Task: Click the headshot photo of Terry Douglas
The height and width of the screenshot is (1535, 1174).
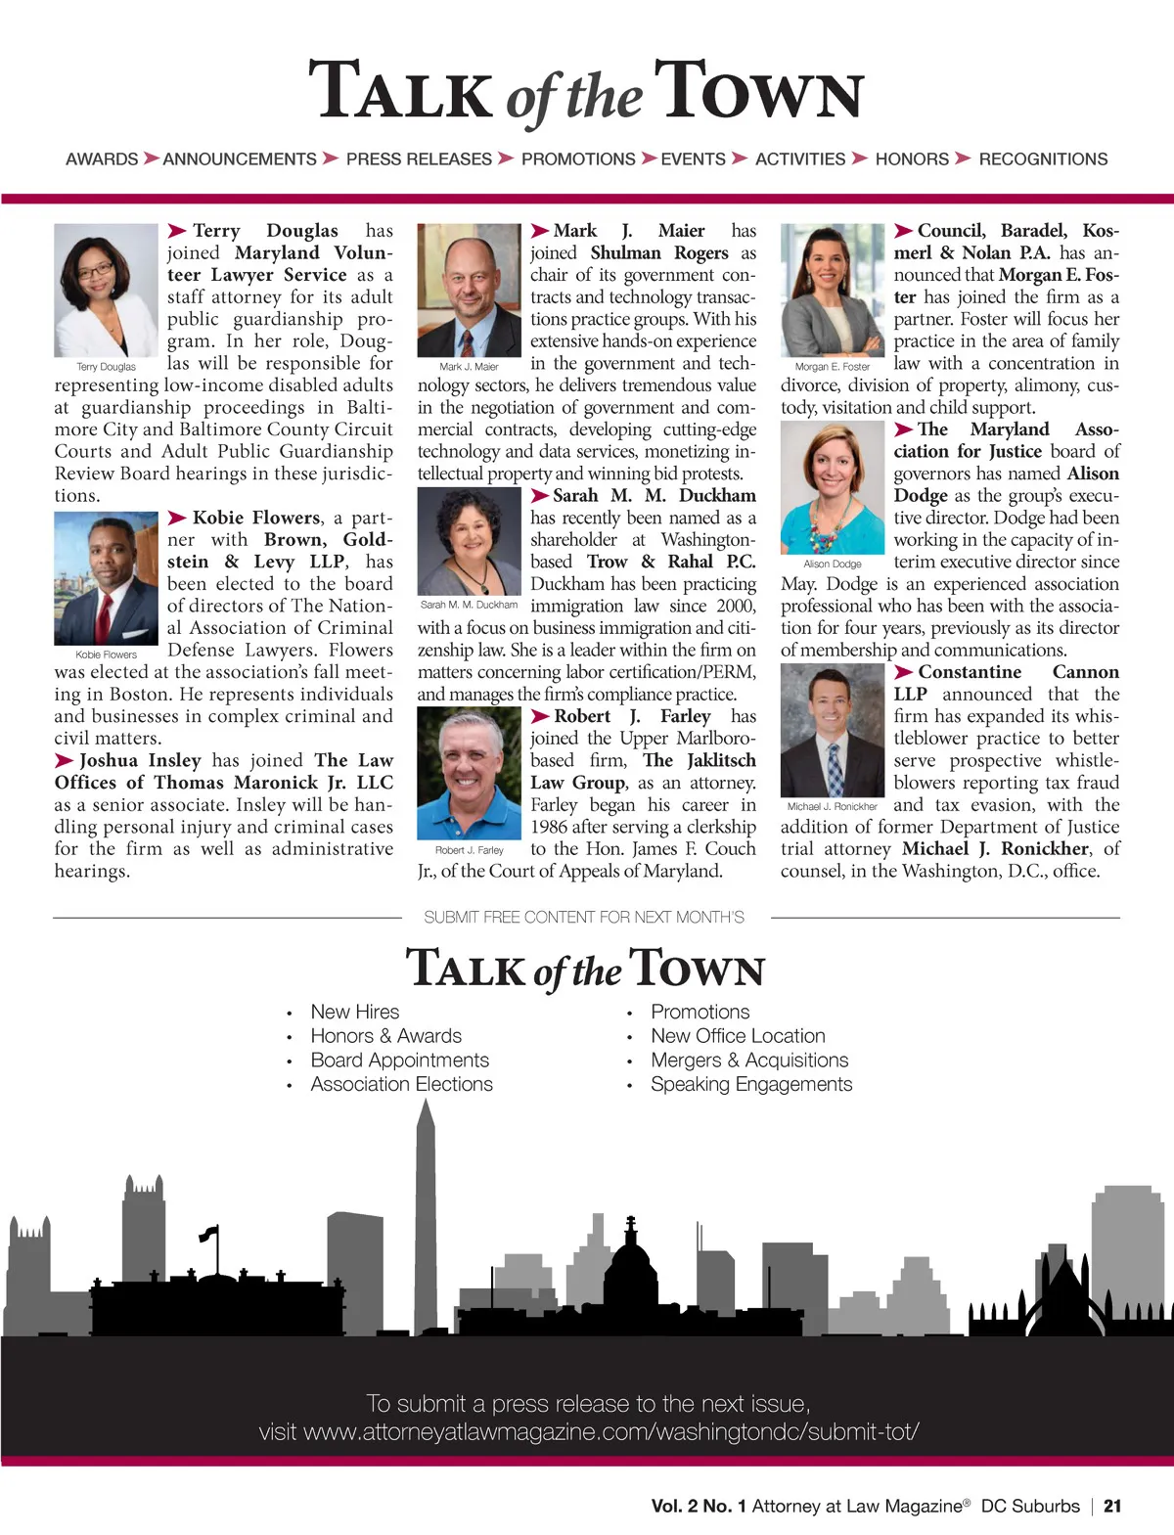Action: click(x=106, y=290)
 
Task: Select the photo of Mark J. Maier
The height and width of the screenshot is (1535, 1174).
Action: click(x=469, y=290)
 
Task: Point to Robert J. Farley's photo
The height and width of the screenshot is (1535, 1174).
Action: click(x=469, y=773)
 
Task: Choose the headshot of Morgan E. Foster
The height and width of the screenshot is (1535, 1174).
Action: click(x=832, y=290)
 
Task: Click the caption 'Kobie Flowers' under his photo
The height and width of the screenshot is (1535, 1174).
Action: click(x=106, y=655)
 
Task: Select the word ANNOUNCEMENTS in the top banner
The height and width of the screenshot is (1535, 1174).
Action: click(x=240, y=158)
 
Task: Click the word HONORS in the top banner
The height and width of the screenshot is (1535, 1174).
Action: click(x=912, y=158)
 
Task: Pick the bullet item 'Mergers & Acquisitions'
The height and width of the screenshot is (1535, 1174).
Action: click(x=749, y=1060)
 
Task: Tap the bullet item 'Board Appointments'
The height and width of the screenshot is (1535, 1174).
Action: click(x=399, y=1060)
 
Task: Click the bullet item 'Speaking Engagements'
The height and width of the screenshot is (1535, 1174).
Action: click(x=751, y=1084)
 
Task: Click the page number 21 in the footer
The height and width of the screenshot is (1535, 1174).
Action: click(x=1112, y=1507)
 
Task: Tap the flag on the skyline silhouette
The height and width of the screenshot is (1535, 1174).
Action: click(x=208, y=1235)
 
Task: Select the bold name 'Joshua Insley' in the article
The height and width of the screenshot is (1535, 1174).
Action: click(x=140, y=760)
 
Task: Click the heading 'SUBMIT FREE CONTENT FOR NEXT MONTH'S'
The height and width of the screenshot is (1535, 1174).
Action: click(x=584, y=917)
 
